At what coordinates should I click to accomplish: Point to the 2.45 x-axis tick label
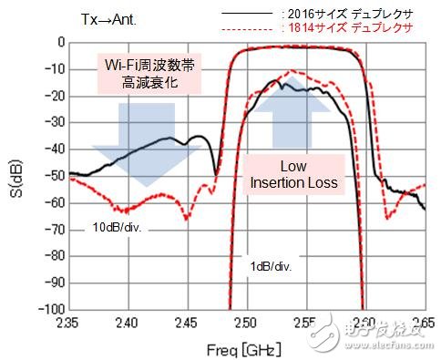click(x=185, y=324)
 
